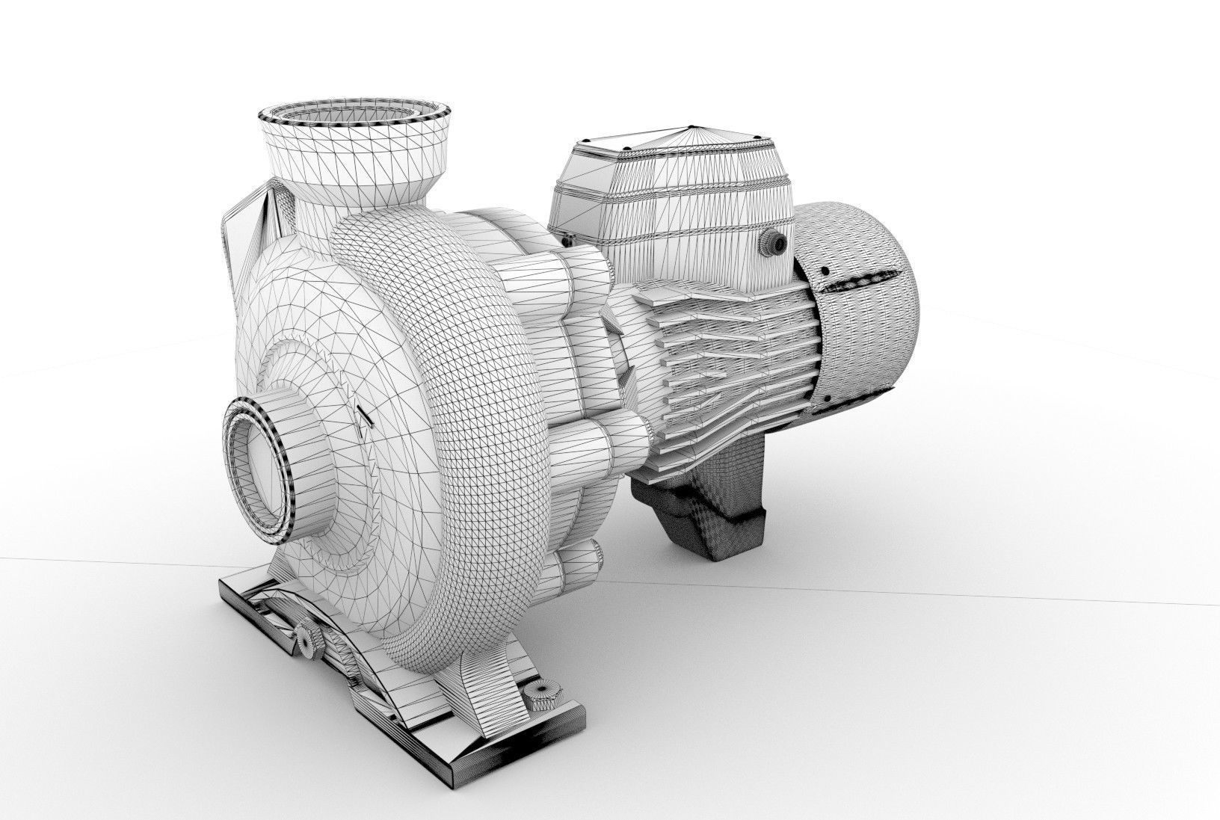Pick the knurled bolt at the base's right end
[536, 697]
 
